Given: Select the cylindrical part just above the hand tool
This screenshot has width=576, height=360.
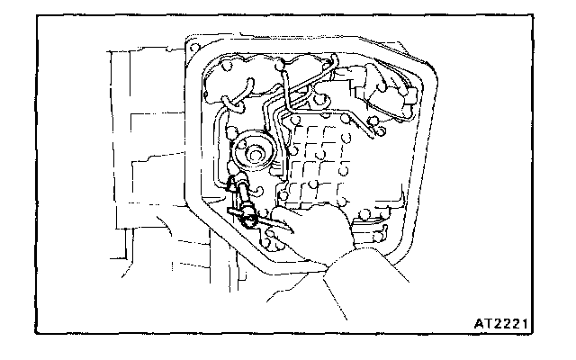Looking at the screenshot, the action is pyautogui.click(x=241, y=192).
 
